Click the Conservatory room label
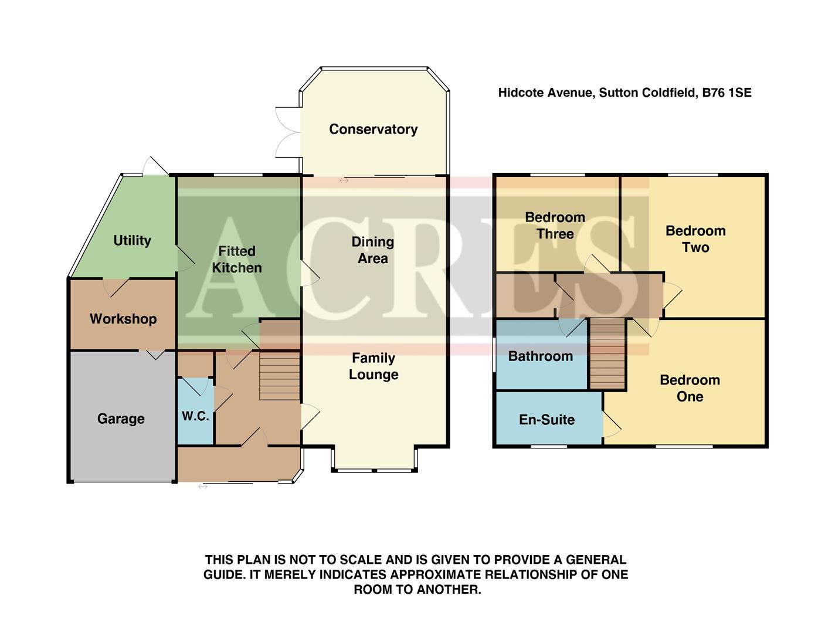point(373,130)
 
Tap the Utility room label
point(132,240)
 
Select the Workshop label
point(123,319)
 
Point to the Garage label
point(121,418)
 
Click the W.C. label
point(195,416)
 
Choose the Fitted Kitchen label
point(237,259)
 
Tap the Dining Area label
point(373,250)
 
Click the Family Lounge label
point(374,366)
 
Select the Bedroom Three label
point(555,226)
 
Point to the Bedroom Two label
point(695,239)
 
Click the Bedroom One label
point(690,388)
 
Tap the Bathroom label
point(540,356)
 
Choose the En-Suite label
point(547,420)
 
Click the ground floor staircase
point(280,375)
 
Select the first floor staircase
point(607,353)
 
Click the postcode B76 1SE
point(727,93)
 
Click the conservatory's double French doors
point(287,132)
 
